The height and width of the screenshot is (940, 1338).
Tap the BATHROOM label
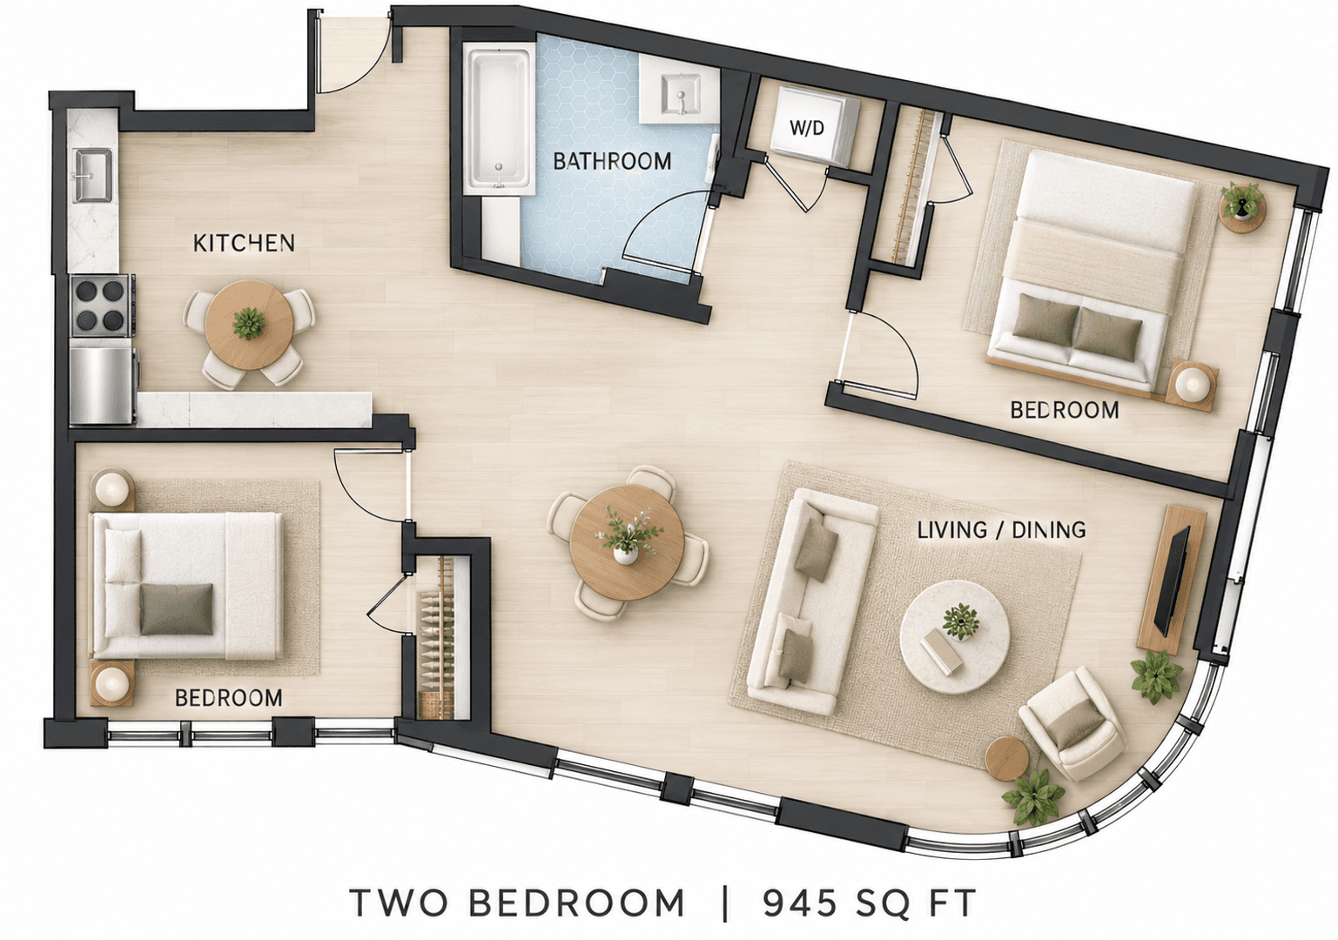(612, 161)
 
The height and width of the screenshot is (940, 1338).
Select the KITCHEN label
(244, 243)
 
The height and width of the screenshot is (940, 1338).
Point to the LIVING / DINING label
(1001, 530)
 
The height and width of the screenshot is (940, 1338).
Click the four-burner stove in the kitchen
(100, 305)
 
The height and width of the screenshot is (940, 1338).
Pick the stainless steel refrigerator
(101, 386)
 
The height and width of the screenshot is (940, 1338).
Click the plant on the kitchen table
(248, 324)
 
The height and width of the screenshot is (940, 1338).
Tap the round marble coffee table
(955, 636)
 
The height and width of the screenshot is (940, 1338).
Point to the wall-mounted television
(1172, 580)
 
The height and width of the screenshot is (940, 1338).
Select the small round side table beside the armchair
(1007, 758)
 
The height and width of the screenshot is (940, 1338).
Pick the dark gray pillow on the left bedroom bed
(177, 609)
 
